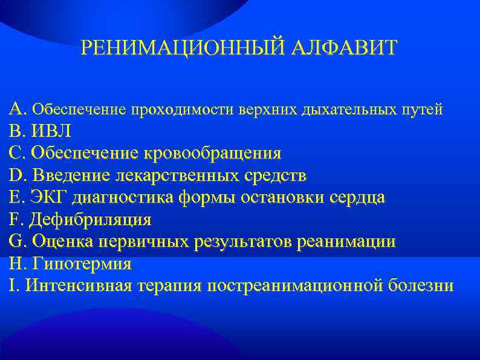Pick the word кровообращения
[x=212, y=153]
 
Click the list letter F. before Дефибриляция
[x=16, y=220]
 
